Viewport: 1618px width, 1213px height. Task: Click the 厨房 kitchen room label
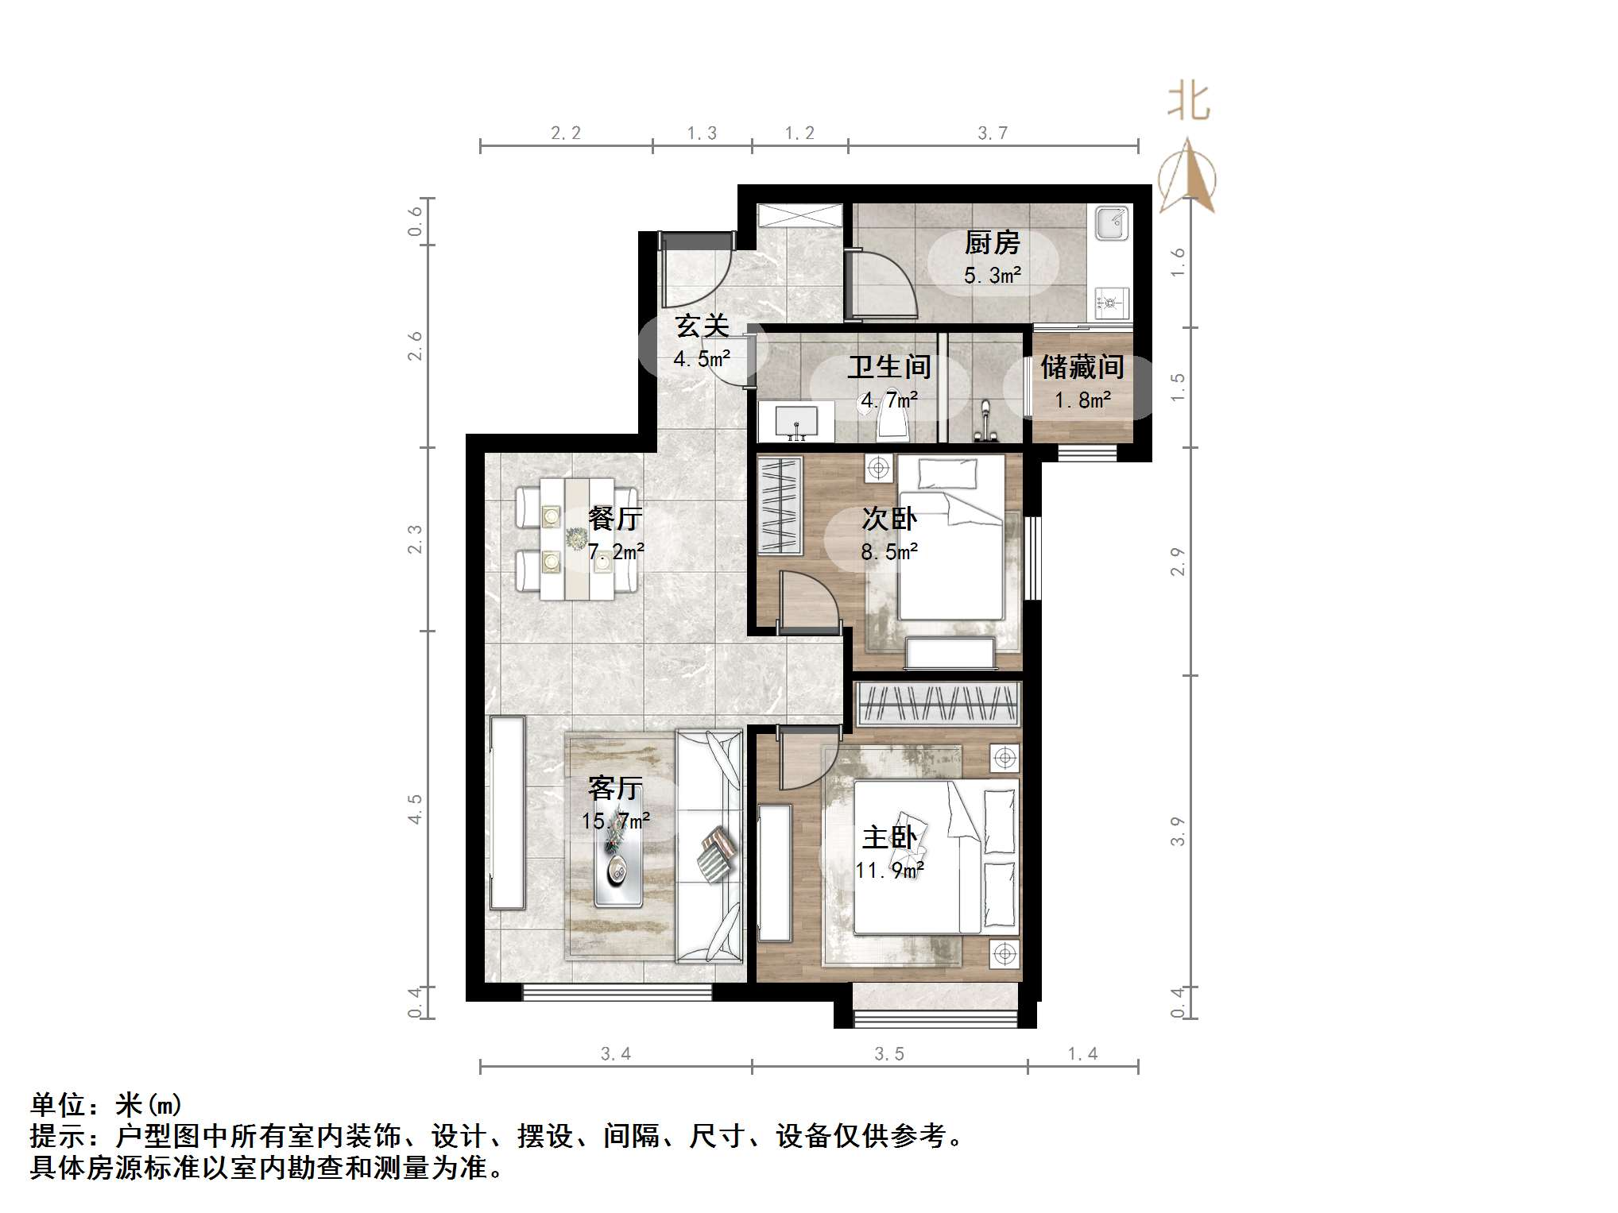pos(992,242)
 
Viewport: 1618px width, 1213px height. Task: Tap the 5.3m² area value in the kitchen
pos(992,276)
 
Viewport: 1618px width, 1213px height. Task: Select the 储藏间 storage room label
pos(1082,367)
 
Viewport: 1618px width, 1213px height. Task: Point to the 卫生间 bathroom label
pos(889,367)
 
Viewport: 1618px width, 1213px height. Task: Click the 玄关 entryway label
pos(703,326)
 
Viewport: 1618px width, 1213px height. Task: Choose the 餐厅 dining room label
pos(615,519)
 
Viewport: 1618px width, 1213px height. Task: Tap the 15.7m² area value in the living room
pos(615,821)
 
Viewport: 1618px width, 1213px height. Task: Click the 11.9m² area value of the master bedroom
pos(889,871)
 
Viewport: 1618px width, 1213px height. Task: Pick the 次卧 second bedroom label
pos(889,519)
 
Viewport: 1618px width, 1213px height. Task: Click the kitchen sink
pos(1112,223)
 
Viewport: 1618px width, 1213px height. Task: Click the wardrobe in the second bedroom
pos(779,505)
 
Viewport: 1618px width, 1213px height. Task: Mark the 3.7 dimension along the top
pos(993,133)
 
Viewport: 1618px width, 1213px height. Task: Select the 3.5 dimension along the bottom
pos(889,1054)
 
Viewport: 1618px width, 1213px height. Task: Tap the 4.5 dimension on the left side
pos(415,809)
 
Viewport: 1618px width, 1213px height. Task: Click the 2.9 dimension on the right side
pos(1178,561)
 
